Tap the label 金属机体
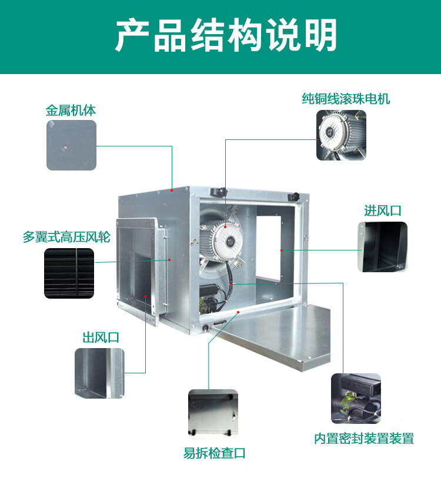click(x=71, y=110)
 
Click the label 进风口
click(x=382, y=210)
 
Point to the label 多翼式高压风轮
click(x=59, y=238)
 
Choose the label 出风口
click(x=101, y=337)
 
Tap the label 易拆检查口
click(x=214, y=453)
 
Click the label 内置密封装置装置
click(x=363, y=438)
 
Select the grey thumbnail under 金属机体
click(x=71, y=145)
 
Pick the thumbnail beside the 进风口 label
click(x=382, y=246)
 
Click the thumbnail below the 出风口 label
click(x=99, y=373)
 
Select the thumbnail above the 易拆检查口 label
click(x=213, y=413)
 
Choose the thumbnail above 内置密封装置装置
click(x=356, y=399)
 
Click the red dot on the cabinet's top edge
click(x=172, y=190)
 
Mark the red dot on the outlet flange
click(x=169, y=259)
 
